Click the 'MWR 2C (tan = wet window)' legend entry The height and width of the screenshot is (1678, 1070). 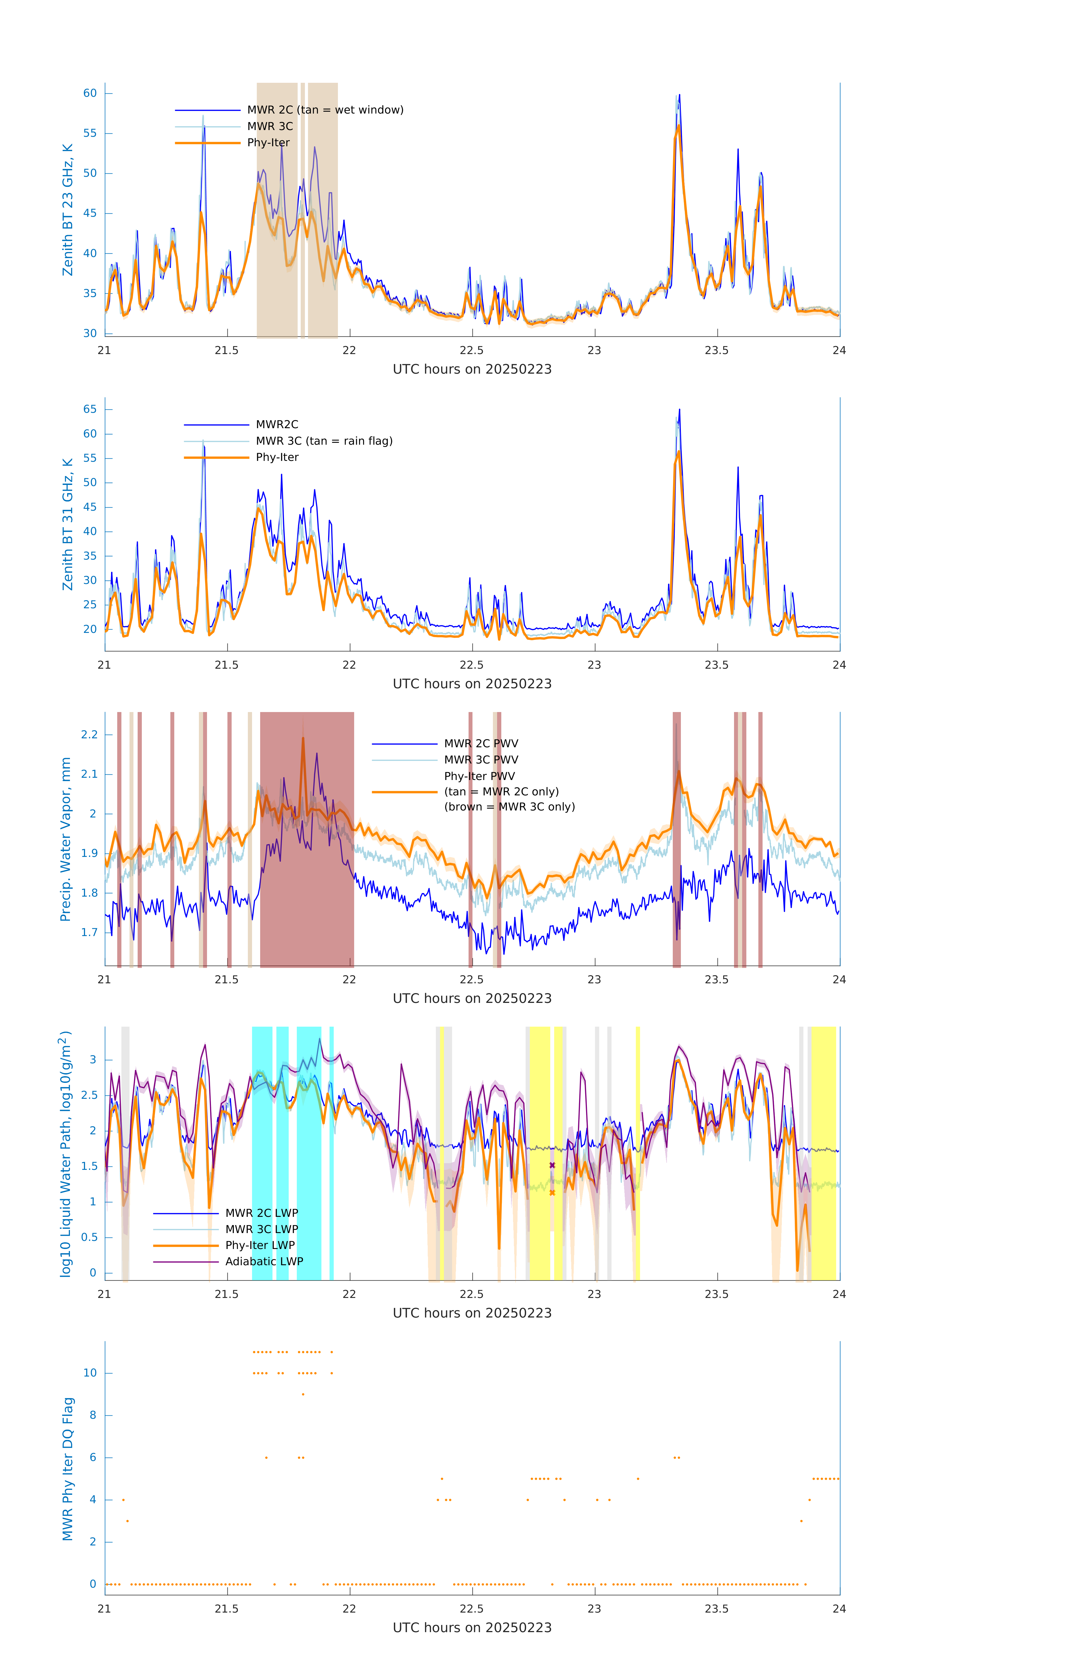(x=325, y=110)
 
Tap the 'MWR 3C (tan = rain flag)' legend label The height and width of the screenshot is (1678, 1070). (x=324, y=441)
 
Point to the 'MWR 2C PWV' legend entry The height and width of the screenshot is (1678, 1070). (x=481, y=744)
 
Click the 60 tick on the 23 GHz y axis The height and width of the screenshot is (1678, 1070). (x=90, y=93)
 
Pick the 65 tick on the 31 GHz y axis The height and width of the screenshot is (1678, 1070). (x=90, y=409)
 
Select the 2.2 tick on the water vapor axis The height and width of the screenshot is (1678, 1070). (x=89, y=734)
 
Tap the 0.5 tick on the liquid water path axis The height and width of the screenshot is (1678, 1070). (x=89, y=1237)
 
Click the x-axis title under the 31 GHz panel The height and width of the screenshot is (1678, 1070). (x=472, y=684)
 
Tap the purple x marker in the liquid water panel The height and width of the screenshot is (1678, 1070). (x=552, y=1165)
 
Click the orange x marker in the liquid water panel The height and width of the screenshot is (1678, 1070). (x=552, y=1192)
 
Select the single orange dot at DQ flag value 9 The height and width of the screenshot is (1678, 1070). (x=302, y=1394)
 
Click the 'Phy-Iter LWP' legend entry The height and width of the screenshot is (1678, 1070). (x=259, y=1245)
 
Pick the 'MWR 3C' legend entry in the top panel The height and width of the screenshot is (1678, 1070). (x=270, y=126)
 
